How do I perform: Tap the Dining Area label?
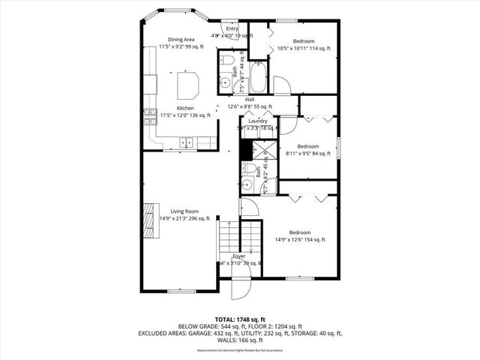(x=181, y=40)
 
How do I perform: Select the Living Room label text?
(x=183, y=211)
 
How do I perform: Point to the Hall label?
(x=249, y=99)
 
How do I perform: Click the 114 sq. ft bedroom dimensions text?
(x=304, y=49)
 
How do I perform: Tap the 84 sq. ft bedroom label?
(x=308, y=146)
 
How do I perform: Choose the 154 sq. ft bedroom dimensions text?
(x=300, y=240)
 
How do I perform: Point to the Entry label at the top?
(x=232, y=28)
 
